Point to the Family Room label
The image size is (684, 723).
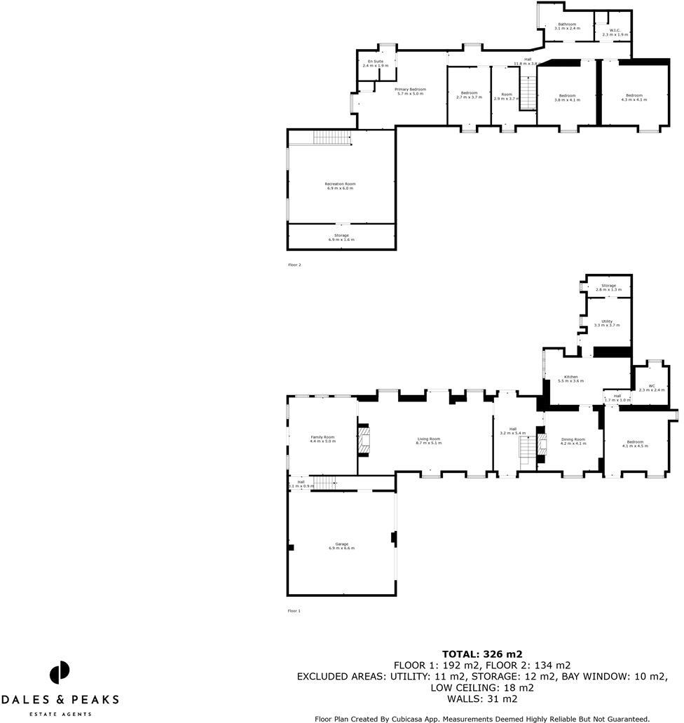323,439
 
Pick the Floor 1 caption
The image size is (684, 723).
294,611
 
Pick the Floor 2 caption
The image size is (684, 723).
294,265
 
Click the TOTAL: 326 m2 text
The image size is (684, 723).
481,654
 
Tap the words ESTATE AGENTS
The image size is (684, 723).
60,714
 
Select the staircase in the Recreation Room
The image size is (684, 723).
331,137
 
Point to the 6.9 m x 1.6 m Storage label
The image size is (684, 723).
341,237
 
